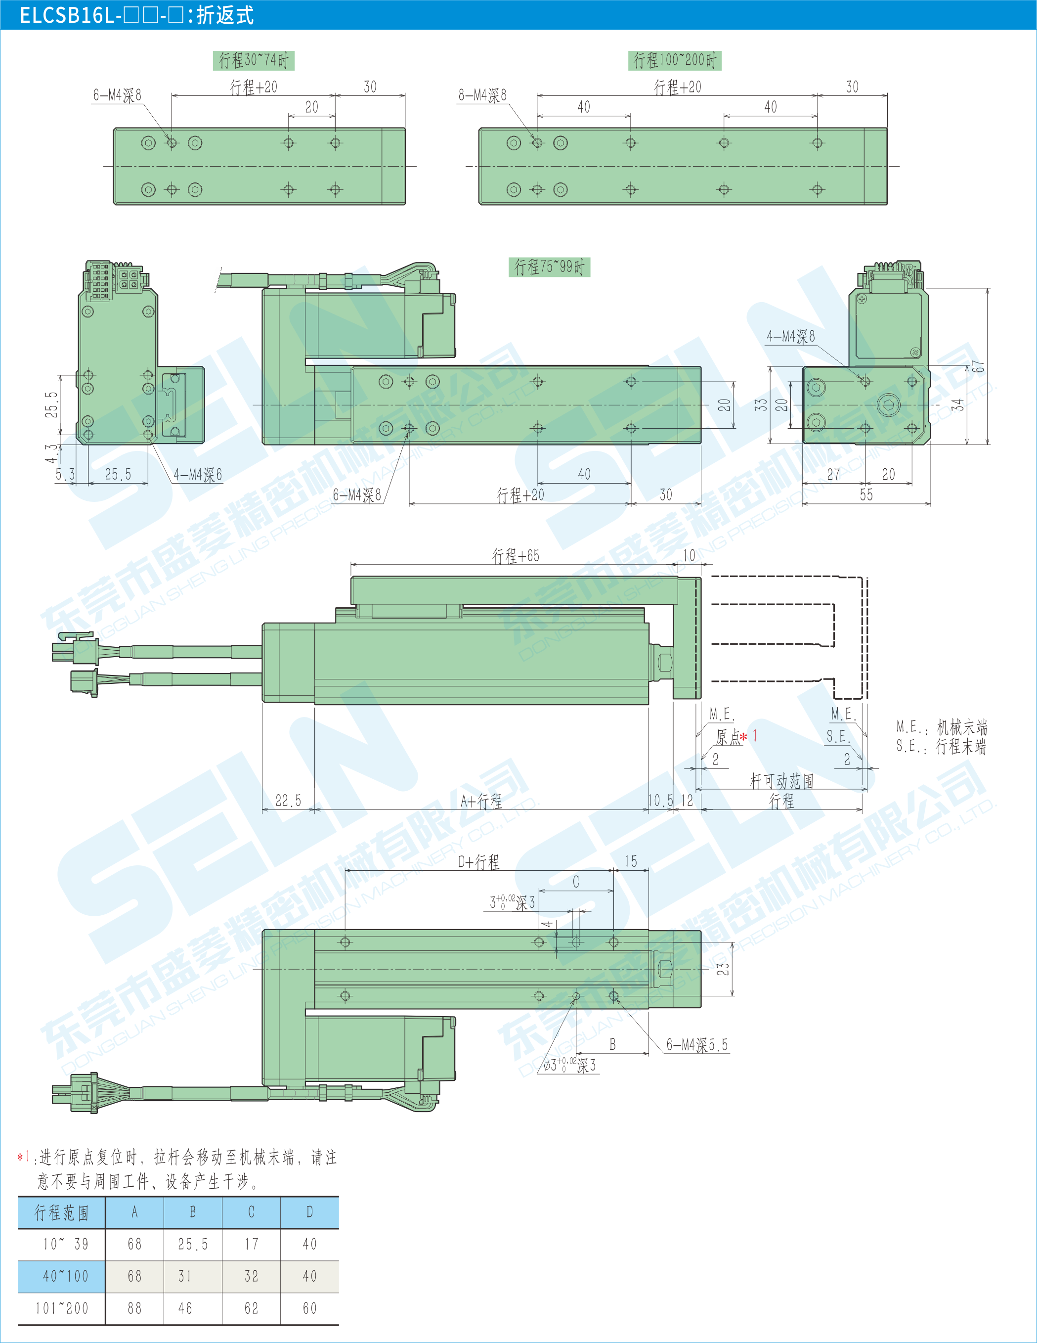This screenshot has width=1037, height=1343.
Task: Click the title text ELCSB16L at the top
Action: pyautogui.click(x=68, y=15)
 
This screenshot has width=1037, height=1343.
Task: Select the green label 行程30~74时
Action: pyautogui.click(x=254, y=60)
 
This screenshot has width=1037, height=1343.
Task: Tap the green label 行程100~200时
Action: pyautogui.click(x=675, y=60)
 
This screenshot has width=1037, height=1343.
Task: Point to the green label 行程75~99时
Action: pyautogui.click(x=550, y=267)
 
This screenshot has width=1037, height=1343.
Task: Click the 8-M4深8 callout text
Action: pyautogui.click(x=482, y=95)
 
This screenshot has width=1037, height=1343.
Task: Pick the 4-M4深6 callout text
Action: pyautogui.click(x=197, y=474)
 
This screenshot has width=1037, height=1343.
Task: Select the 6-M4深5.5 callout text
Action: pyautogui.click(x=697, y=1044)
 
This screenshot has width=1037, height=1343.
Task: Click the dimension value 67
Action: pyautogui.click(x=978, y=366)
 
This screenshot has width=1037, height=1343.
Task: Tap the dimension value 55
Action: pyautogui.click(x=866, y=494)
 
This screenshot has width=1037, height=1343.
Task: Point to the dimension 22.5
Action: pyautogui.click(x=288, y=800)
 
